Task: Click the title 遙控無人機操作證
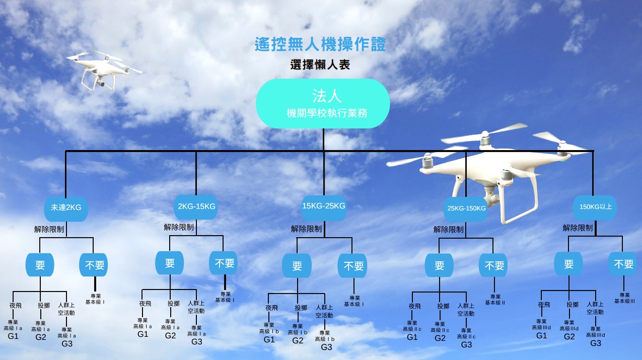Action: tap(320, 45)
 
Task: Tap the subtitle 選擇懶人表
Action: tap(320, 65)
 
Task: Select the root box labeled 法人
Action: tap(323, 103)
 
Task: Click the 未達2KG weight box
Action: tap(66, 207)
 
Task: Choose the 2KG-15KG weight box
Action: tap(196, 206)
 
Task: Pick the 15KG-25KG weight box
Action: tap(324, 206)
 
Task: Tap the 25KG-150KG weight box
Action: tap(466, 208)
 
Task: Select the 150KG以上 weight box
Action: tap(595, 206)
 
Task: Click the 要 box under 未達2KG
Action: tap(40, 265)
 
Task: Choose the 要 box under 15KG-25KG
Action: tap(297, 265)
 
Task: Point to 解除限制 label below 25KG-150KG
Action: tap(448, 230)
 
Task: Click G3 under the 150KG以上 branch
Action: tap(596, 343)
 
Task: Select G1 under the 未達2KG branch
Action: tap(13, 336)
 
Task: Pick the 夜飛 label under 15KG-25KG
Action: tap(271, 308)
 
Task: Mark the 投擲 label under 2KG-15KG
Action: tap(174, 304)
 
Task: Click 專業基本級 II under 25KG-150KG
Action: tap(495, 300)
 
